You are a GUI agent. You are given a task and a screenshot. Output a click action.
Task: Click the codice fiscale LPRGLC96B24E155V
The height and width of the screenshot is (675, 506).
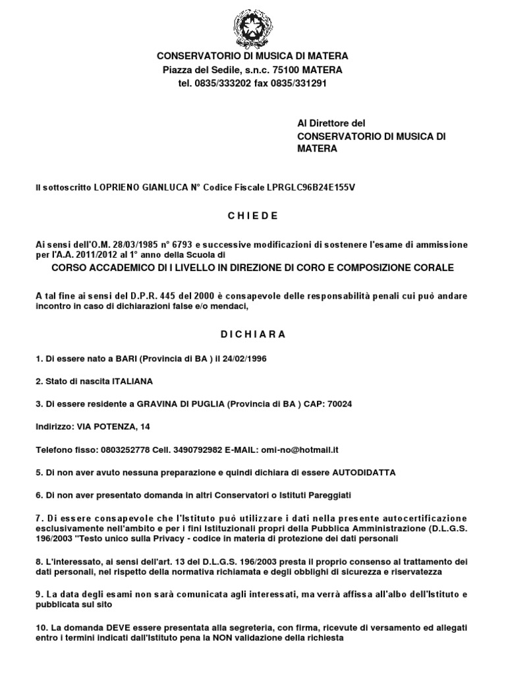tap(310, 188)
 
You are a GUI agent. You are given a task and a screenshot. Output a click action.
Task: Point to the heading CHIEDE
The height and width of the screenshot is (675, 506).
tap(253, 216)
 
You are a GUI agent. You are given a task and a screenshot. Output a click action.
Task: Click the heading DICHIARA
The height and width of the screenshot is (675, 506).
tap(253, 334)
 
